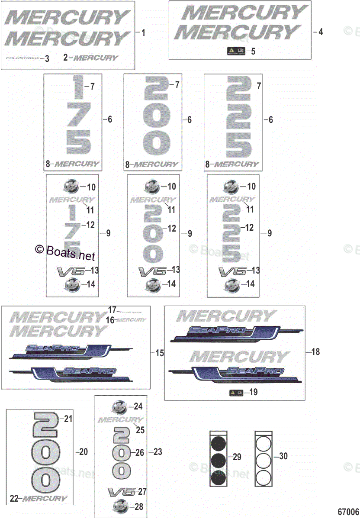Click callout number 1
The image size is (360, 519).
point(144,32)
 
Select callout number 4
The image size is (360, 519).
point(321,32)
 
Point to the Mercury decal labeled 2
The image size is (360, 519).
point(96,58)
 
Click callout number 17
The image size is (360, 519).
point(112,310)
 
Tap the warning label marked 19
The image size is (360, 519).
point(236,393)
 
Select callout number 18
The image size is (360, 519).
point(316,352)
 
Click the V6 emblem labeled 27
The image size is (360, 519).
point(122,492)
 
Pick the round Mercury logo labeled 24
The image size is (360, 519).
point(120,407)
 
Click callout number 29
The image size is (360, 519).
point(237,456)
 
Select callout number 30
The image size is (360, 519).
point(283,456)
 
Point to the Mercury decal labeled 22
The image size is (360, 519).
point(45,499)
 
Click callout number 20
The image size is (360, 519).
point(83,451)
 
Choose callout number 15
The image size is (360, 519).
point(160,353)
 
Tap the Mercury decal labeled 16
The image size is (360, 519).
point(132,320)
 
